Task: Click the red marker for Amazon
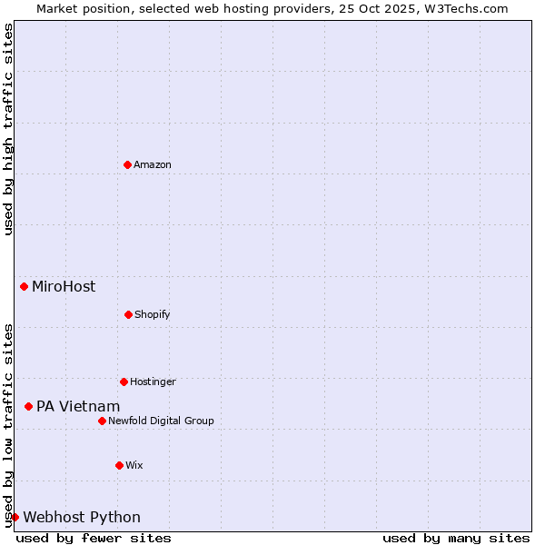pos(128,164)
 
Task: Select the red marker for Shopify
pos(128,314)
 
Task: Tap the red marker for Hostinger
pos(124,381)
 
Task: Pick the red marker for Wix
pos(119,465)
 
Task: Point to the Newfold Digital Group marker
pos(102,421)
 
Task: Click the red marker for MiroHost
pos(24,287)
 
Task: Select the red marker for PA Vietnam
pos(28,406)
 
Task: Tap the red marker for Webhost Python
pos(15,517)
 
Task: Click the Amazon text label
pos(153,164)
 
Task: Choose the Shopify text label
pos(153,314)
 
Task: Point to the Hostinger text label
pos(153,381)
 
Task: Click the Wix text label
pos(134,465)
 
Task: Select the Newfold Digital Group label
pos(161,421)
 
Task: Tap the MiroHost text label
pos(64,287)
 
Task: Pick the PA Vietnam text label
pos(78,406)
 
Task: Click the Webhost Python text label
pos(82,517)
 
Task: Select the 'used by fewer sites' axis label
pos(94,538)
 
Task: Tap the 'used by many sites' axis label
pos(456,538)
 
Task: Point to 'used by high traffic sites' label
pos(8,129)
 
